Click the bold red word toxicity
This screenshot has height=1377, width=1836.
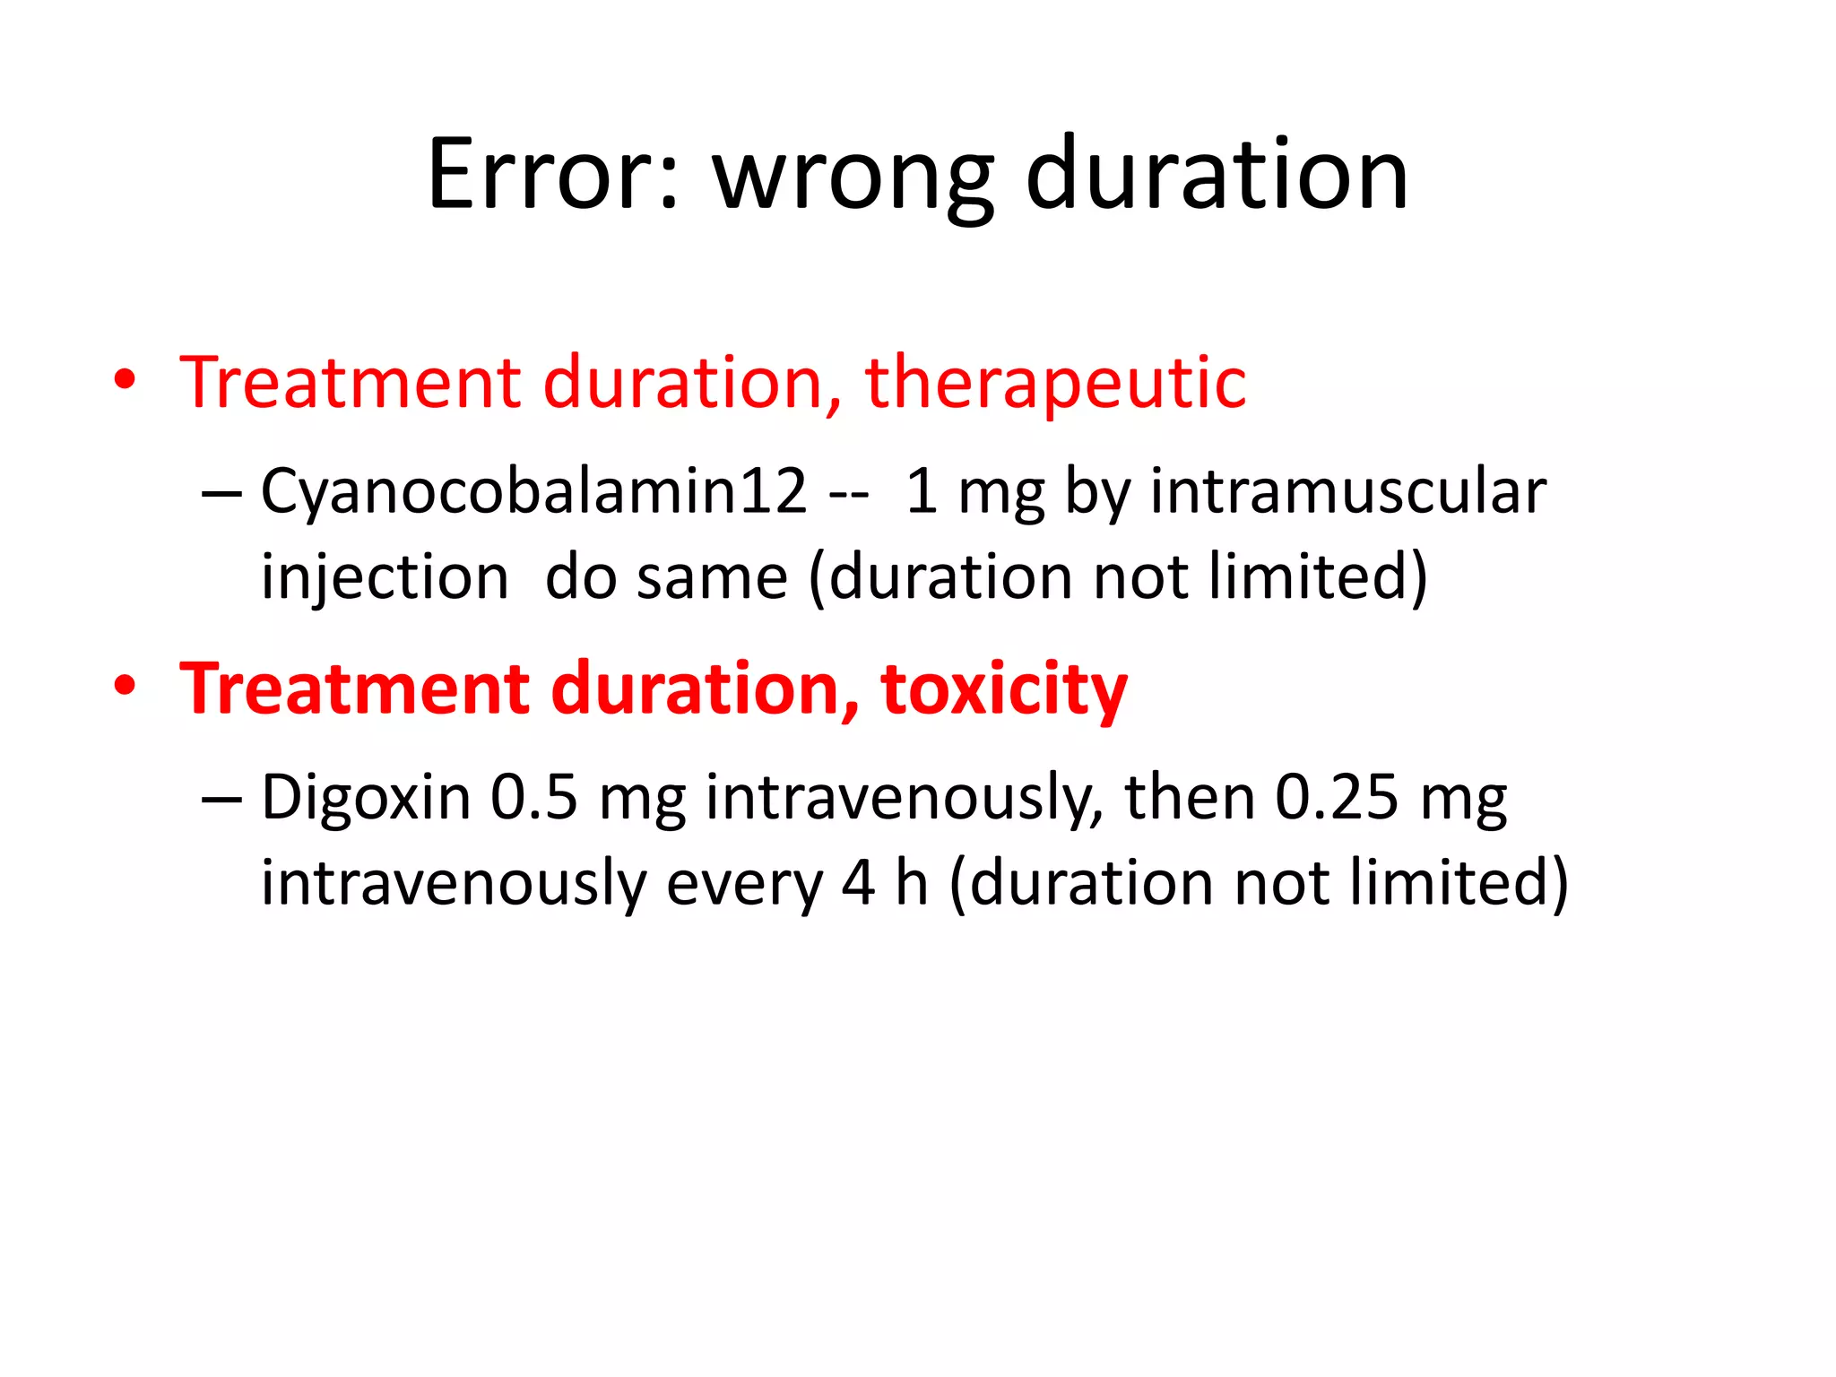(1003, 689)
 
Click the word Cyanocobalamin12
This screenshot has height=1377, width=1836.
(533, 492)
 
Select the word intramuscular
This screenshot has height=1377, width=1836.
(1347, 492)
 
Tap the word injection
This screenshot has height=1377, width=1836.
(385, 577)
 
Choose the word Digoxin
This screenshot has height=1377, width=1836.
(365, 797)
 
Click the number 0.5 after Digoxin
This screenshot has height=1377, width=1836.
(533, 797)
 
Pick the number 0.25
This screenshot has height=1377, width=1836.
(1336, 797)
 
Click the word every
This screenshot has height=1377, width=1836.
(744, 883)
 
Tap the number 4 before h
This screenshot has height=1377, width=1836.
(858, 883)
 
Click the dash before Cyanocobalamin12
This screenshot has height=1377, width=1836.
(221, 494)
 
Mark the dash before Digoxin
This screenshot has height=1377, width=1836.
(221, 799)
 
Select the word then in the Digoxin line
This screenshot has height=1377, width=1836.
(1190, 797)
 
